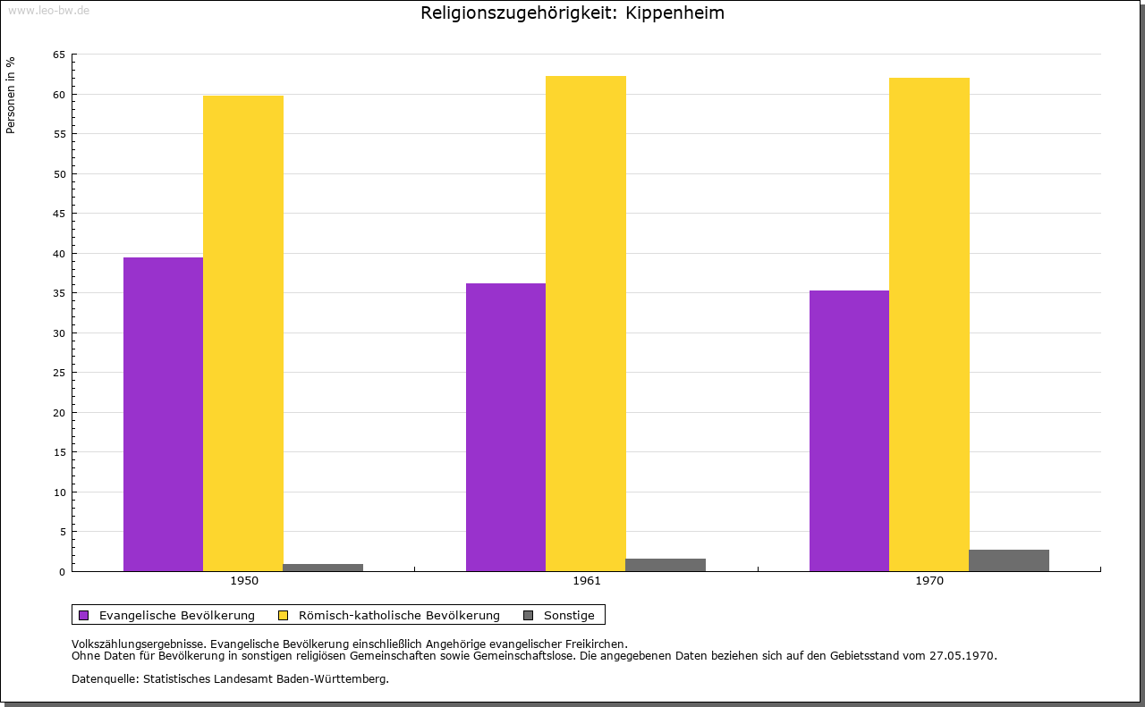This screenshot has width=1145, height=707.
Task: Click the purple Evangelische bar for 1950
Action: (163, 414)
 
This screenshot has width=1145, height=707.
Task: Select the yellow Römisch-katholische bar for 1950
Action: (243, 333)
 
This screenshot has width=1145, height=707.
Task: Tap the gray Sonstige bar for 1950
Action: (323, 567)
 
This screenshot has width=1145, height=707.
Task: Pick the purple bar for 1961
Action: (505, 427)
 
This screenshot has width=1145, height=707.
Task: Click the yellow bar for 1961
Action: (586, 324)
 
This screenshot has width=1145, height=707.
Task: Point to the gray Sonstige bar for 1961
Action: (666, 565)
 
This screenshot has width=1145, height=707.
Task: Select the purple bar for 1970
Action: (849, 431)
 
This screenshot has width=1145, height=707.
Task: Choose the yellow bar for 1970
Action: (929, 324)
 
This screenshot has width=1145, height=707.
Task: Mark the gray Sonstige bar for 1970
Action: (1008, 560)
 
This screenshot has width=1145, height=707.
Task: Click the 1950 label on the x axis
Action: (244, 581)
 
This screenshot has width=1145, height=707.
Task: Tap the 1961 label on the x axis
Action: (587, 581)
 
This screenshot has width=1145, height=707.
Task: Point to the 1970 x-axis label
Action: (929, 581)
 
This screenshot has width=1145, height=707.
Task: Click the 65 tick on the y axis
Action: (59, 55)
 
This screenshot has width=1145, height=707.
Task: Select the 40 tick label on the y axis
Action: (59, 254)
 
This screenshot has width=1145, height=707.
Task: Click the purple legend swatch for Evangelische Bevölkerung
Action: (84, 615)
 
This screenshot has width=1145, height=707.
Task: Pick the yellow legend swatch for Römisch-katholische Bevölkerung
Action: (284, 615)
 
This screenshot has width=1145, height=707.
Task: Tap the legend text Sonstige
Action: (569, 615)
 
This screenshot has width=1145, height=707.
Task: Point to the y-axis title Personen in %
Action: (11, 95)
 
